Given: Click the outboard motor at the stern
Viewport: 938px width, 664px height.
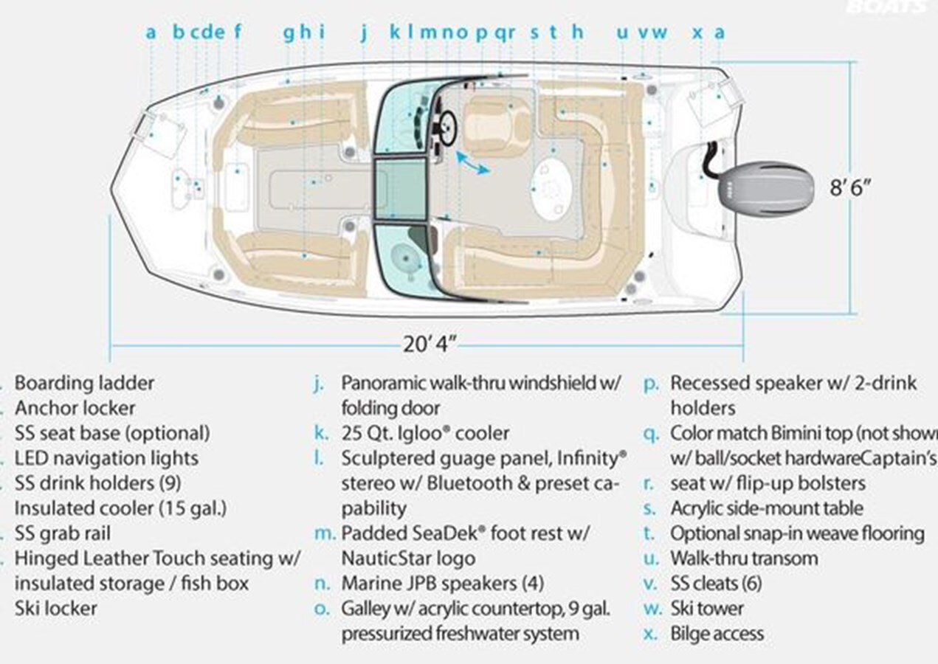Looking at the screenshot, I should click(x=768, y=188).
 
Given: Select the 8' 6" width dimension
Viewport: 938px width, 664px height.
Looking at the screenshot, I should click(x=851, y=187).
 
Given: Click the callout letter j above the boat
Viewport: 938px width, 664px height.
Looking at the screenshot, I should click(x=363, y=32).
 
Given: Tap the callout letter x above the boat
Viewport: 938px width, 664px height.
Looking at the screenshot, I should click(x=697, y=32).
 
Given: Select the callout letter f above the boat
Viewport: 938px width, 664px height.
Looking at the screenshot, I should click(x=238, y=32).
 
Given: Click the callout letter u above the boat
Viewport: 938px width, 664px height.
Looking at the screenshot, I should click(x=622, y=32).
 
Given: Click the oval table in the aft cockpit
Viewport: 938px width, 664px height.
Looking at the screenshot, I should click(x=552, y=188).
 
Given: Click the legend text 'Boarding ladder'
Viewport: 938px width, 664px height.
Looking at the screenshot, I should click(x=84, y=384).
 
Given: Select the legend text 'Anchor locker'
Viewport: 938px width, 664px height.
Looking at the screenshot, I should click(x=75, y=409).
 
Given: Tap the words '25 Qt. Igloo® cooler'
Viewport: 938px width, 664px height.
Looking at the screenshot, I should click(x=425, y=433).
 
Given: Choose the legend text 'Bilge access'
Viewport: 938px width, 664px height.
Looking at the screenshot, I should click(x=717, y=634).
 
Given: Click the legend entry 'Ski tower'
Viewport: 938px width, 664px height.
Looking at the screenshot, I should click(x=707, y=609).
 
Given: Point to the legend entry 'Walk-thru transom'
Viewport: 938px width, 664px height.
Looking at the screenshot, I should click(x=744, y=558).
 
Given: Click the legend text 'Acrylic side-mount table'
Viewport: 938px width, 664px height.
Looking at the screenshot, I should click(x=766, y=508).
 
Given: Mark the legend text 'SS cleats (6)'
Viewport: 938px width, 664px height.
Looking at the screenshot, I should click(x=716, y=584).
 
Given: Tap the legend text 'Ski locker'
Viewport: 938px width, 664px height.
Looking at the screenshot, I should click(x=55, y=609).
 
